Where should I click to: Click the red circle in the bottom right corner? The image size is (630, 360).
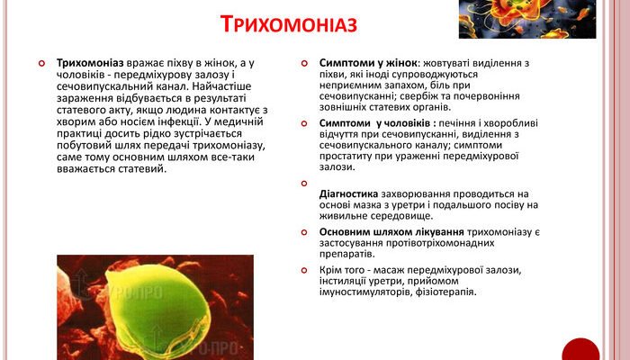(580, 351)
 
